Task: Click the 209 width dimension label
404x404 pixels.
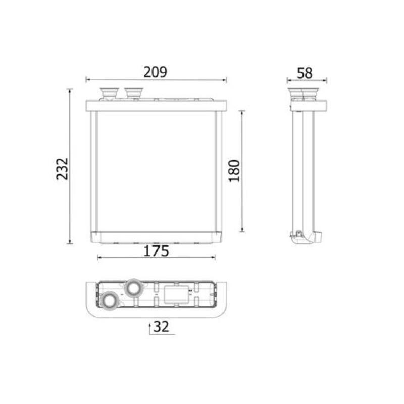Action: click(x=155, y=72)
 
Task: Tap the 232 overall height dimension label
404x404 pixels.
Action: click(x=62, y=169)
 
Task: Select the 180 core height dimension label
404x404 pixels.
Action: click(x=234, y=171)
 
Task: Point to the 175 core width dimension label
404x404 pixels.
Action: click(x=156, y=251)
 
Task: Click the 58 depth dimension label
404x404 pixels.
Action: click(x=305, y=73)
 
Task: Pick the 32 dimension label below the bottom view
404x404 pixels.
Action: click(x=161, y=326)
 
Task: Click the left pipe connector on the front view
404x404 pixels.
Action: click(x=109, y=94)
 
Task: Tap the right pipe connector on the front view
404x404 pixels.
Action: click(x=133, y=93)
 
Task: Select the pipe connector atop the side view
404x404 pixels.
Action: click(x=304, y=94)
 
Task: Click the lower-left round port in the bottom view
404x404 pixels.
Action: click(x=109, y=300)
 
